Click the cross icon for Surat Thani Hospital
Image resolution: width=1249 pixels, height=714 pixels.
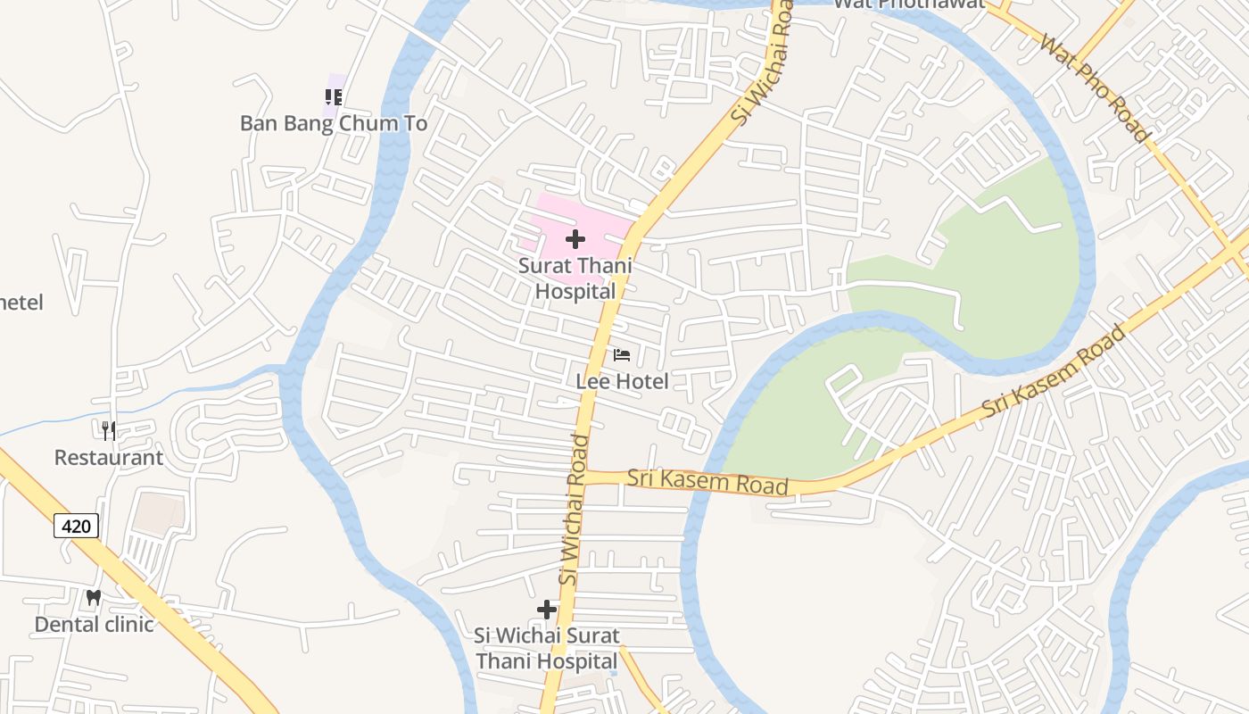[575, 238]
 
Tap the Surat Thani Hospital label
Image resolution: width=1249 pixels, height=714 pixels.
[575, 278]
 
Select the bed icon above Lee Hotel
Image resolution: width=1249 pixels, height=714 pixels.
[622, 355]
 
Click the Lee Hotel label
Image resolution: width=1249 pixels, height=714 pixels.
[622, 381]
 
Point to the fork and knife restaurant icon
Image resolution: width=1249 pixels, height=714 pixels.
[109, 431]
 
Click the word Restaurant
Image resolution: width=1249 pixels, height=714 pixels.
[109, 458]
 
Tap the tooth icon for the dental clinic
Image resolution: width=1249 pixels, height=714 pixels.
[94, 597]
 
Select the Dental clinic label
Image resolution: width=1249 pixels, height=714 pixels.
[94, 624]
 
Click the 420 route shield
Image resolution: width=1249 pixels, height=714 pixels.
[76, 526]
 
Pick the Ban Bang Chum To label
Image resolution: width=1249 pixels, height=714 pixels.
[334, 123]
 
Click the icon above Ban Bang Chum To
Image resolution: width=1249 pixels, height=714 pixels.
[334, 96]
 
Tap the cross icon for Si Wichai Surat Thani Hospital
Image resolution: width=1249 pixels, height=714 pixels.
[547, 610]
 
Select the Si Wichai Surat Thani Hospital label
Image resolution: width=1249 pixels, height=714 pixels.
[547, 649]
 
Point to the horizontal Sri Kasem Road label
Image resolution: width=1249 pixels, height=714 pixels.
[707, 481]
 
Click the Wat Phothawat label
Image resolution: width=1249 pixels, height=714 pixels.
[908, 4]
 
